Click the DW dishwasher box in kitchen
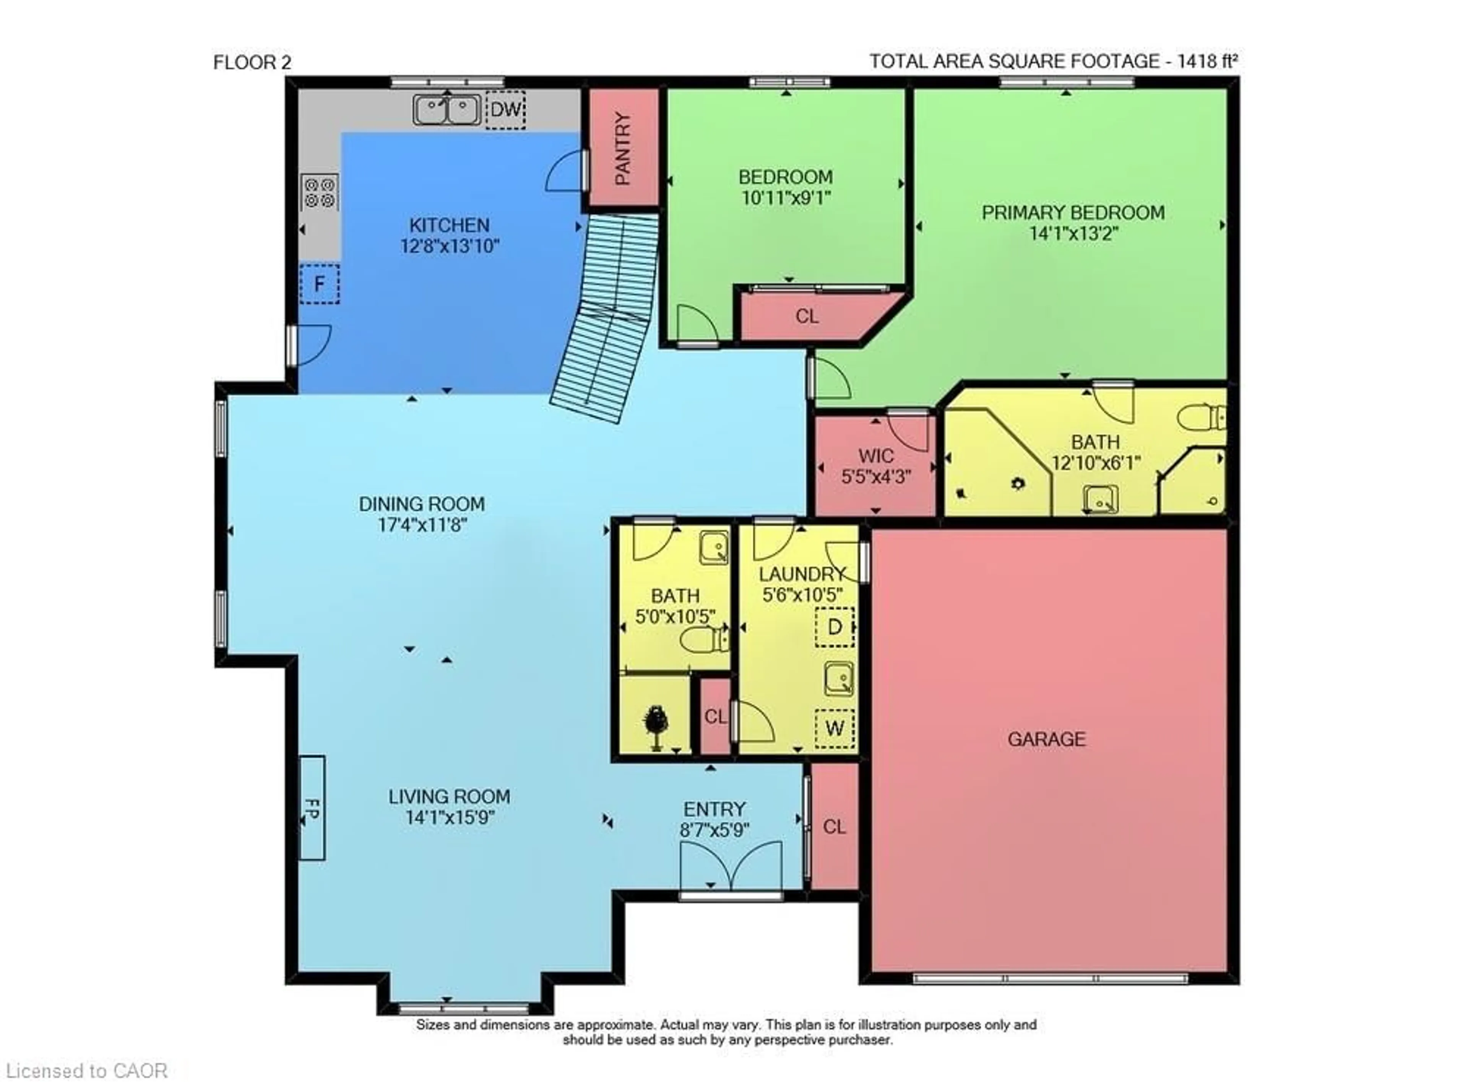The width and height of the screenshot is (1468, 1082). point(505,109)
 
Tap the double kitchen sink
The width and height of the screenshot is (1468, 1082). point(447,109)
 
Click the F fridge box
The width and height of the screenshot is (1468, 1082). point(320,284)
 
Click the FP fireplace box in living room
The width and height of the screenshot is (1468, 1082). point(312,807)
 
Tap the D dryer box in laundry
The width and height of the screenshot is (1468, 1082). point(834,627)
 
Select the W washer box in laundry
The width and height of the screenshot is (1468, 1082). point(834,728)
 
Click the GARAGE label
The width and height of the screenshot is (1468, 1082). point(1046,739)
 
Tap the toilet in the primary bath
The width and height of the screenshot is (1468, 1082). point(1202,417)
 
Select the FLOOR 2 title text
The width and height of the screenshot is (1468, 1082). point(252,63)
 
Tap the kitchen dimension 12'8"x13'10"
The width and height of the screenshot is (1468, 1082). point(450,246)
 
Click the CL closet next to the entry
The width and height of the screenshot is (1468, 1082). point(834,827)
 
